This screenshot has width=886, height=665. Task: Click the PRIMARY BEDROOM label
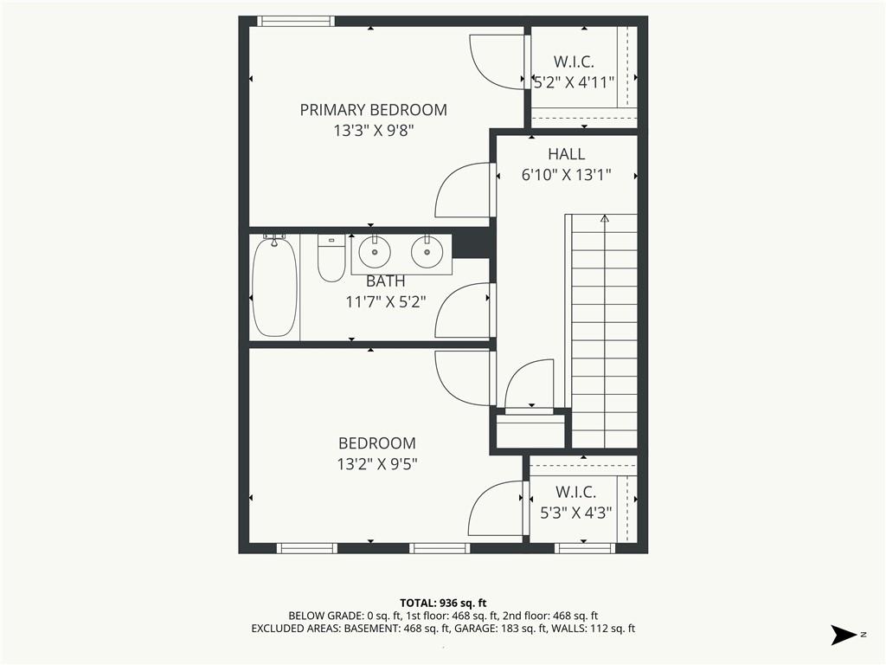(373, 110)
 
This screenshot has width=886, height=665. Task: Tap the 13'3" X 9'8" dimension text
(373, 130)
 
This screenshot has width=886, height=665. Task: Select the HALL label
(566, 154)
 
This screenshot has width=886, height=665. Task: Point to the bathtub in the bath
(274, 287)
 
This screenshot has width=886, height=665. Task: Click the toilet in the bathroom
(331, 258)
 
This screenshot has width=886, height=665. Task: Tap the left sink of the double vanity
(375, 252)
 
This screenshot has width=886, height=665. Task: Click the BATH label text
(385, 281)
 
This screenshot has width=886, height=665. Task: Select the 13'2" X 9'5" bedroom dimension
(376, 464)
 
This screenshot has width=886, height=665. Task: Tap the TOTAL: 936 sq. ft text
(443, 603)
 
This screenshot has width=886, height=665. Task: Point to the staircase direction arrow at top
(604, 219)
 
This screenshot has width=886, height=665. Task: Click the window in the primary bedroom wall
(296, 21)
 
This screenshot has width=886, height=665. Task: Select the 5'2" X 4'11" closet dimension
(574, 82)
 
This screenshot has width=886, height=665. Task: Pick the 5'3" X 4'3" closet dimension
(575, 512)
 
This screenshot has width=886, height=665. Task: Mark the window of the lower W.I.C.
(584, 548)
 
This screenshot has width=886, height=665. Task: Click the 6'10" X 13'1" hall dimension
(566, 174)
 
